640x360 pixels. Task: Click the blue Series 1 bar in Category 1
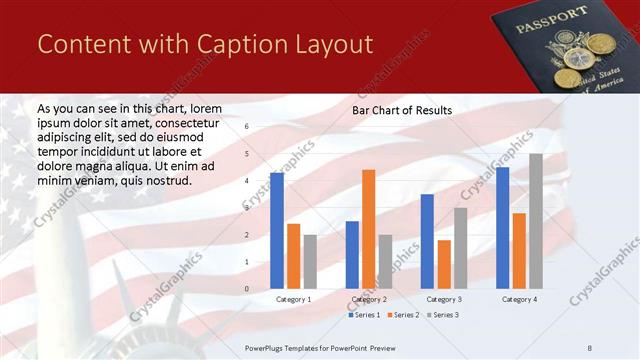pyautogui.click(x=277, y=230)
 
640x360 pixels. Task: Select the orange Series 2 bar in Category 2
pyautogui.click(x=369, y=229)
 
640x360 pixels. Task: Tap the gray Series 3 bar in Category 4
pyautogui.click(x=536, y=221)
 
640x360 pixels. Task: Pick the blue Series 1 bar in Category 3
pyautogui.click(x=427, y=241)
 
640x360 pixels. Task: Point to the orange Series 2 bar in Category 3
pyautogui.click(x=444, y=264)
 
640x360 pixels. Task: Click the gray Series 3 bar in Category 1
pyautogui.click(x=310, y=261)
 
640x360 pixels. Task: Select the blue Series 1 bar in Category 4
pyautogui.click(x=502, y=228)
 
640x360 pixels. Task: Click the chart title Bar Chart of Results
pyautogui.click(x=401, y=110)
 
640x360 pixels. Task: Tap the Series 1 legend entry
pyautogui.click(x=365, y=315)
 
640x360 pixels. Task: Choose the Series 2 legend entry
pyautogui.click(x=403, y=315)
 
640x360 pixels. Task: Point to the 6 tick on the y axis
pyautogui.click(x=247, y=128)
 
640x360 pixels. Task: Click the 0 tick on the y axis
pyautogui.click(x=247, y=289)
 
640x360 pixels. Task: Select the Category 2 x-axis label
pyautogui.click(x=369, y=299)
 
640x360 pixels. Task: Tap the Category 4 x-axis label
pyautogui.click(x=519, y=299)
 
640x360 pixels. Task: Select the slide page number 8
pyautogui.click(x=589, y=346)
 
